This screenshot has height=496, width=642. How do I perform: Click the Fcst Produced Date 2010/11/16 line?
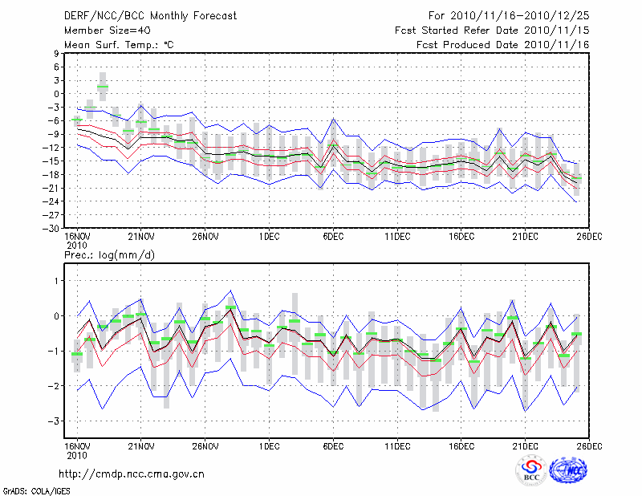[503, 44]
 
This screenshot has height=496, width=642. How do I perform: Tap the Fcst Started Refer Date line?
[492, 30]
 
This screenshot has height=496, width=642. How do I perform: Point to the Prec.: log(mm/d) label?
[112, 254]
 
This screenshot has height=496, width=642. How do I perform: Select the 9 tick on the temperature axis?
[56, 53]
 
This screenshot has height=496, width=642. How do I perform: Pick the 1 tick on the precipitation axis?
[57, 280]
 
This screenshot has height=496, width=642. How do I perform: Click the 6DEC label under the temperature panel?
[333, 238]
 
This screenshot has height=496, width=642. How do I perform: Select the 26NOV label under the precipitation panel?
[205, 445]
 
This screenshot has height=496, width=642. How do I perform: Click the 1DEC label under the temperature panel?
[269, 238]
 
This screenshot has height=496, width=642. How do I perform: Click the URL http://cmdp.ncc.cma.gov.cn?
[132, 474]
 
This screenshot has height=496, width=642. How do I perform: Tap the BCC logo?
[531, 471]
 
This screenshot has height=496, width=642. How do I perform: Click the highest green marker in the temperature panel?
[103, 87]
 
